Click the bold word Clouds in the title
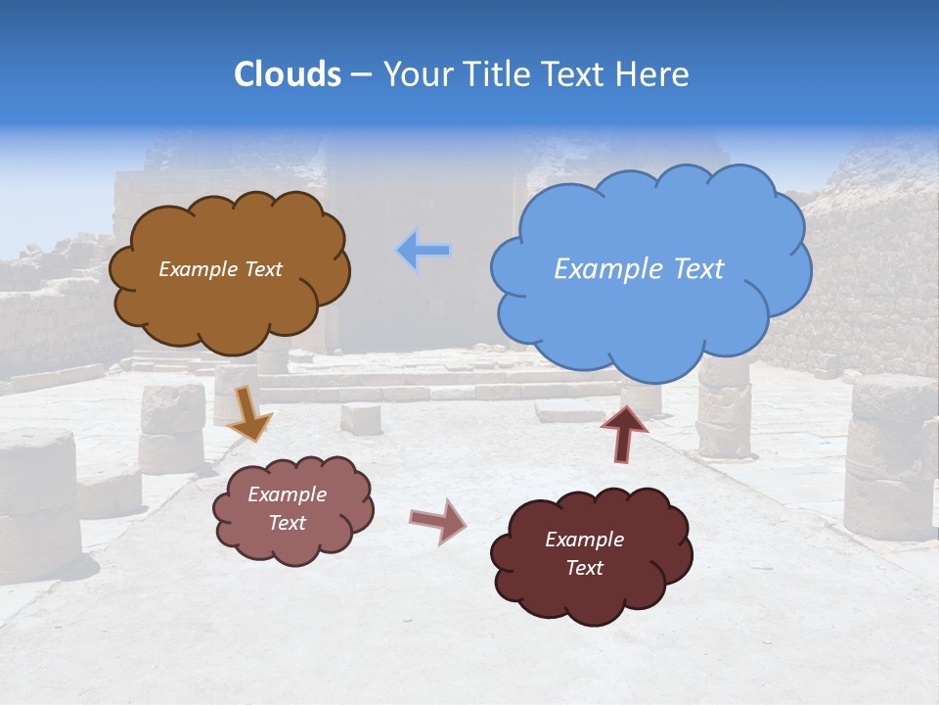coord(288,74)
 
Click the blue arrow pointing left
coord(424,252)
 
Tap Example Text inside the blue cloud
coord(639,269)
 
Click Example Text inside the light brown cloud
coord(220,269)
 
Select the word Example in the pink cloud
coord(287,494)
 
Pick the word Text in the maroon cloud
coord(584,568)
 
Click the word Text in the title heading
coord(577,74)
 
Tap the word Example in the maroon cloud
coord(584,540)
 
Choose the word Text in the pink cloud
coord(287,523)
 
